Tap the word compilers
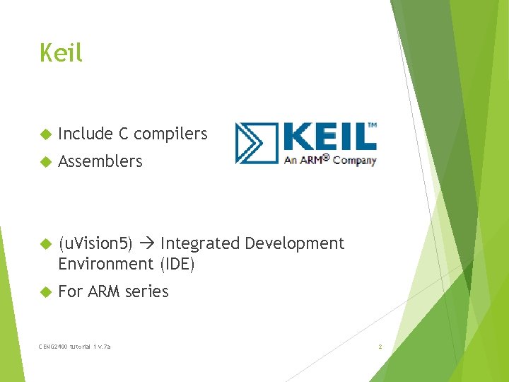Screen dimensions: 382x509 click(170, 134)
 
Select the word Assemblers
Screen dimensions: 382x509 click(100, 161)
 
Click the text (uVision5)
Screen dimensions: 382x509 click(95, 244)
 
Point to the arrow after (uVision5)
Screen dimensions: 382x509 click(146, 244)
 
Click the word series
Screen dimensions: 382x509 click(148, 291)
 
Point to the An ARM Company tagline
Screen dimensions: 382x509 click(329, 160)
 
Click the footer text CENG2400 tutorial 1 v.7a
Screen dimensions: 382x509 click(75, 347)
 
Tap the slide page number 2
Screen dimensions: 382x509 click(380, 347)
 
